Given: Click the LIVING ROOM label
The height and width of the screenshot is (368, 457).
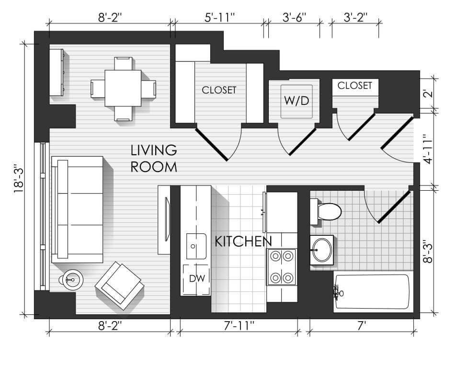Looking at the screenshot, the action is click(154, 159).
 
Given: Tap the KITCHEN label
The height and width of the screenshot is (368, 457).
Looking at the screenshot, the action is click(243, 241).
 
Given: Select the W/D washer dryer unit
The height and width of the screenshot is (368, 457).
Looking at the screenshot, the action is click(297, 101).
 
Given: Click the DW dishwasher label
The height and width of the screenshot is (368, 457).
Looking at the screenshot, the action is click(197, 279).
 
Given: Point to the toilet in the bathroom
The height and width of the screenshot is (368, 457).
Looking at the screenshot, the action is click(326, 211).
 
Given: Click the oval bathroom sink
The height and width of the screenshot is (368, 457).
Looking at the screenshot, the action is click(322, 250).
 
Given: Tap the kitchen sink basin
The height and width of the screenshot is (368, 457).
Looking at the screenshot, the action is click(196, 246).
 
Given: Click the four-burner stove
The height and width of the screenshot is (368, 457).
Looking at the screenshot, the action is click(282, 267).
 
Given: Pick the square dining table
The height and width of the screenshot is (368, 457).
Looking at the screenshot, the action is click(123, 88).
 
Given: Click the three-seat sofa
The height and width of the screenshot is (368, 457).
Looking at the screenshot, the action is click(77, 209).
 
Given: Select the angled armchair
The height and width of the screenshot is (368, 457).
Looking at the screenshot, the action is click(120, 286).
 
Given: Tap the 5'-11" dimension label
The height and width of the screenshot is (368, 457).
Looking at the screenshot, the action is click(219, 18).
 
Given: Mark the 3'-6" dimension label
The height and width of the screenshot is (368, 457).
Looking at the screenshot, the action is click(295, 18).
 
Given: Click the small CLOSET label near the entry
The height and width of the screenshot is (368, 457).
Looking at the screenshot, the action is click(355, 85).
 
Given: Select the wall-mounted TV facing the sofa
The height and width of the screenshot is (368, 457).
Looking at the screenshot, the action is click(167, 219).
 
